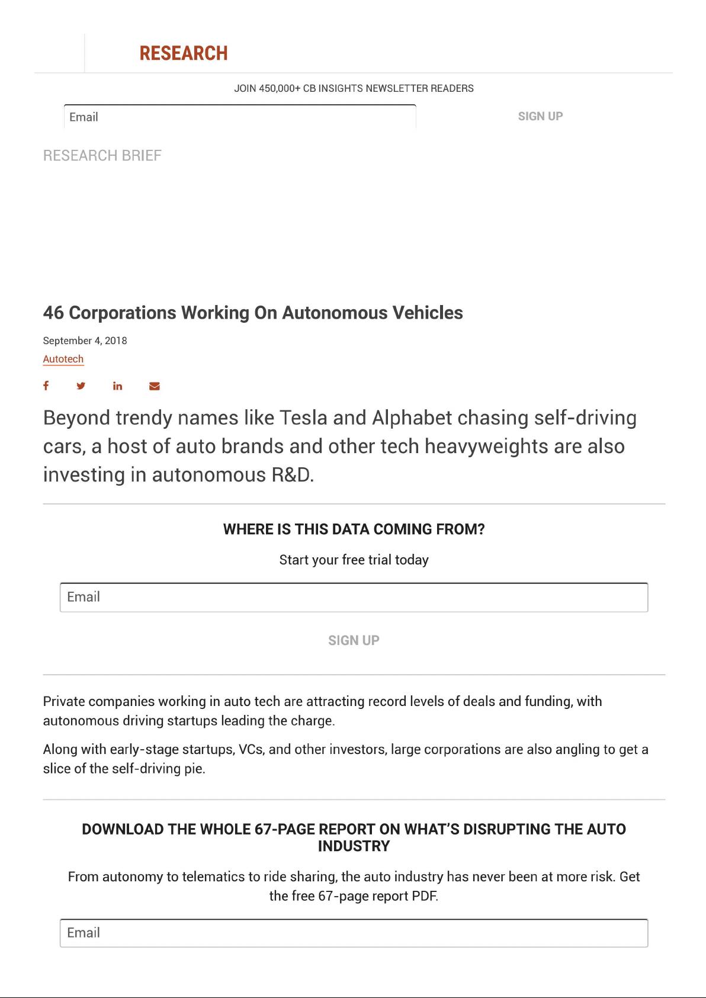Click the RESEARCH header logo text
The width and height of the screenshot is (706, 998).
click(184, 53)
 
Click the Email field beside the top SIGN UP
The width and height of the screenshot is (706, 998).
click(240, 117)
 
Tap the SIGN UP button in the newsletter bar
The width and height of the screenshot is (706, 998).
click(540, 116)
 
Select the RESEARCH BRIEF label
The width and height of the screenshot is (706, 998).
click(102, 156)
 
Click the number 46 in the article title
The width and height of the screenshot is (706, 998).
click(53, 313)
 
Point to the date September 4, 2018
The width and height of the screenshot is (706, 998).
click(85, 341)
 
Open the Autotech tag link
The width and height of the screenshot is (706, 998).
click(63, 359)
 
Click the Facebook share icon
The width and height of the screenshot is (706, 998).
click(46, 386)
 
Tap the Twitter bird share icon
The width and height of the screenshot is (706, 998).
click(81, 386)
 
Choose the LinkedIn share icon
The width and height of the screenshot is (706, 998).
click(118, 386)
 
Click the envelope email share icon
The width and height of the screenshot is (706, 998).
click(155, 386)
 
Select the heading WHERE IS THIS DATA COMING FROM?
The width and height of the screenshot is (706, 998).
click(354, 530)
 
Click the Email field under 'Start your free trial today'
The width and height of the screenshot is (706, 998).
click(354, 597)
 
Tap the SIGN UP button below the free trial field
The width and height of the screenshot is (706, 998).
click(354, 640)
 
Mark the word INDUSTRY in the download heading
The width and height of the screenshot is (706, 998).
click(354, 846)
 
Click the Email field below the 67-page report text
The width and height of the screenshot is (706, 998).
click(354, 933)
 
